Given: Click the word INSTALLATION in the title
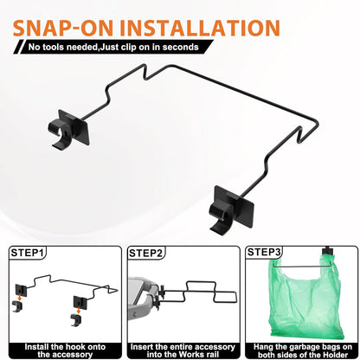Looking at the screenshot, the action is pyautogui.click(x=200, y=28).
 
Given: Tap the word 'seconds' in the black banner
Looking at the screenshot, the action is pyautogui.click(x=181, y=47).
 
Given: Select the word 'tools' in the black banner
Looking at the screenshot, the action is pyautogui.click(x=54, y=47).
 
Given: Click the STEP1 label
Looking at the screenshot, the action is pyautogui.click(x=28, y=253).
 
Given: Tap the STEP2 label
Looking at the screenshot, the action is pyautogui.click(x=145, y=253).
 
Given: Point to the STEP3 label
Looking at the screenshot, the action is pyautogui.click(x=264, y=252).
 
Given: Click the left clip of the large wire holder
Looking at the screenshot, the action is pyautogui.click(x=69, y=129).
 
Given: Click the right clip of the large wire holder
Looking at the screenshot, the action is pyautogui.click(x=231, y=209).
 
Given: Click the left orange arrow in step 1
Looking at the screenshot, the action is pyautogui.click(x=19, y=297).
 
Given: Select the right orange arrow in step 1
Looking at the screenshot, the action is pyautogui.click(x=79, y=311).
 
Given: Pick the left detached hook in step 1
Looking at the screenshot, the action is pyautogui.click(x=17, y=306).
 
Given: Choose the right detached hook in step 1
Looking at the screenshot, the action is pyautogui.click(x=76, y=320).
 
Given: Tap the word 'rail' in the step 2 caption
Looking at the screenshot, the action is pyautogui.click(x=212, y=354).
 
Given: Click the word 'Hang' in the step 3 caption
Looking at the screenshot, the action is pyautogui.click(x=262, y=347).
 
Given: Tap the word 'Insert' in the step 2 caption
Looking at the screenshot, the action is pyautogui.click(x=141, y=347).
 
